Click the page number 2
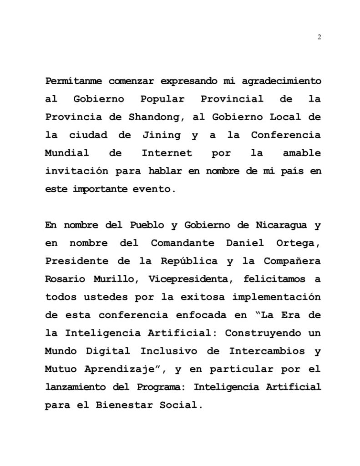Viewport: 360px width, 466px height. pyautogui.click(x=319, y=37)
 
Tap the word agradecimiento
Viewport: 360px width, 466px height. pyautogui.click(x=281, y=81)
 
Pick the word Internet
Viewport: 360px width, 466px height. pyautogui.click(x=167, y=153)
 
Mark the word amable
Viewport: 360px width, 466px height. pyautogui.click(x=302, y=153)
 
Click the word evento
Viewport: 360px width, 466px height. pyautogui.click(x=157, y=189)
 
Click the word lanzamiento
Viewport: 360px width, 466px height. pyautogui.click(x=75, y=387)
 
